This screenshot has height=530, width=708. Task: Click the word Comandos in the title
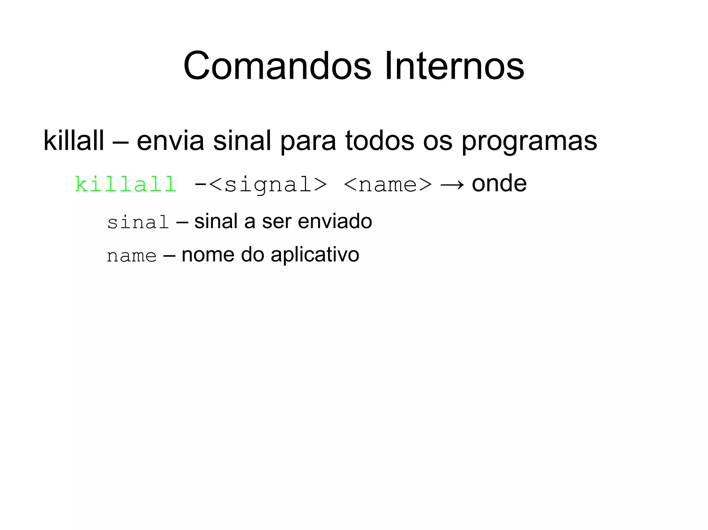click(277, 66)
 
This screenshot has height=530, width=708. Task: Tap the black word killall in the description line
click(73, 141)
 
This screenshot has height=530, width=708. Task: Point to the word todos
click(379, 141)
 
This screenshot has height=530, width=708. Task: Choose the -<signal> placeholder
click(261, 185)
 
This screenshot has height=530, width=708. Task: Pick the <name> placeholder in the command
click(388, 185)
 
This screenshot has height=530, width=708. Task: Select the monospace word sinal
click(138, 222)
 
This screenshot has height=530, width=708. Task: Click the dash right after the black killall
click(120, 141)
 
